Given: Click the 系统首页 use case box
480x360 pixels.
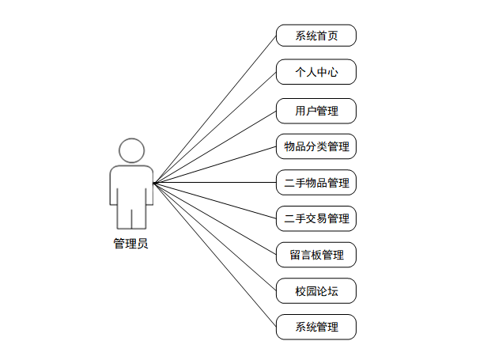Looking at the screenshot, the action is click(x=316, y=36).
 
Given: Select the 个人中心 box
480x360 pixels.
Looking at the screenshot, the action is click(x=316, y=72).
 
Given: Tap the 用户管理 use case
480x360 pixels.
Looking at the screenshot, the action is click(x=316, y=111).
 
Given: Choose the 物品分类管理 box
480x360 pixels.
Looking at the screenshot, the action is click(x=316, y=146).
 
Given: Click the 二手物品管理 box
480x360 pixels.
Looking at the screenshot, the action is click(x=316, y=183).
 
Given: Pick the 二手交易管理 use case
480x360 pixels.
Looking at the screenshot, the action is click(x=316, y=218).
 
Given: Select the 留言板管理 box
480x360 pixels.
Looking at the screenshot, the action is click(x=316, y=255).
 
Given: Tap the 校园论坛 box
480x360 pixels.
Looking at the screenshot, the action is click(x=316, y=290).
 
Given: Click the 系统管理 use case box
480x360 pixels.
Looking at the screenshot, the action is click(x=316, y=327).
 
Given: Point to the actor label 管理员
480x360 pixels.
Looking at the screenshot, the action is click(x=130, y=244).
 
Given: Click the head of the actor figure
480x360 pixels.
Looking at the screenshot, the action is click(x=131, y=150).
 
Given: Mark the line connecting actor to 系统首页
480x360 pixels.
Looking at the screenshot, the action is click(x=215, y=109).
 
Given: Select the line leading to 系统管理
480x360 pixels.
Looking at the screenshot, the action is click(x=215, y=255).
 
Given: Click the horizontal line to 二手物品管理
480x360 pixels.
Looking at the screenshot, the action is click(x=215, y=183).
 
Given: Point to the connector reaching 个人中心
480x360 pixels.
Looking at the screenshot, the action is click(x=215, y=127).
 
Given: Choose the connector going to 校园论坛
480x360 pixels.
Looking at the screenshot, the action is click(x=215, y=237).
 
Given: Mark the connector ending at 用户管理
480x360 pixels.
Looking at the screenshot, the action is click(x=215, y=146).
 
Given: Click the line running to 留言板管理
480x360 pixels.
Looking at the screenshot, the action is click(x=215, y=218).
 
